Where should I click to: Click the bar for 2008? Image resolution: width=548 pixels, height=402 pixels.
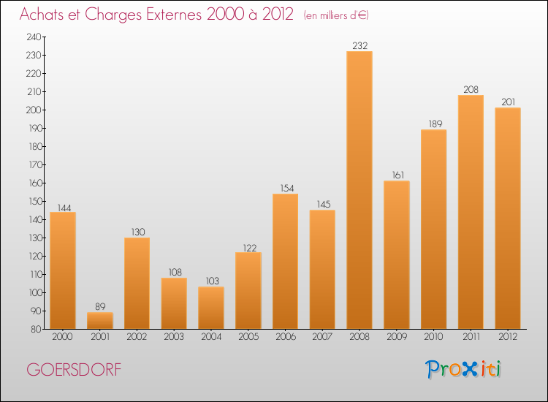[359, 190]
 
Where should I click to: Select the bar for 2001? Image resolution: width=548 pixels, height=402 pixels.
[100, 321]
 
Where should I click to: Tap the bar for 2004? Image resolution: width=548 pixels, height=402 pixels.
[211, 308]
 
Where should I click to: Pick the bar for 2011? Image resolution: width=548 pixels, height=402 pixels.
[471, 212]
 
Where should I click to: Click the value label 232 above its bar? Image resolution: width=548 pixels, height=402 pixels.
[359, 45]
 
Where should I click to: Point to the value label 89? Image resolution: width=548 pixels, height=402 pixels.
[100, 307]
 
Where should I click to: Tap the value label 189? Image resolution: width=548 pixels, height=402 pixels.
[433, 124]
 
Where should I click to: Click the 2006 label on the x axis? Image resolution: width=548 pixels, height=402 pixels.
[285, 338]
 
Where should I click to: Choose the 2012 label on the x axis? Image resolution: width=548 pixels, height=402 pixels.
[508, 338]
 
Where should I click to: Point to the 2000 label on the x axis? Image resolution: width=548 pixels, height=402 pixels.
[63, 338]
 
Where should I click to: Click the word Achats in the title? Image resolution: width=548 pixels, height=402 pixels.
[44, 15]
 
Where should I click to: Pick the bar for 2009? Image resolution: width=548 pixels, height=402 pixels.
[397, 255]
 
